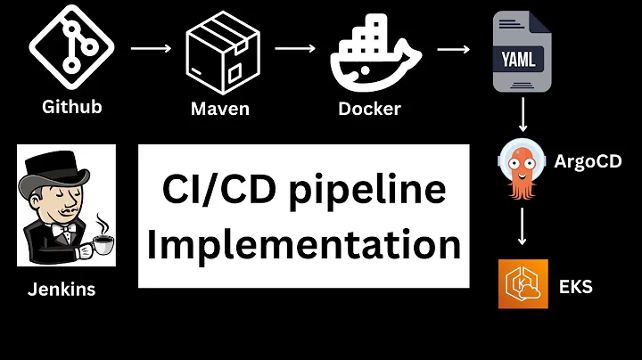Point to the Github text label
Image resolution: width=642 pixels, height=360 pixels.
[72, 107]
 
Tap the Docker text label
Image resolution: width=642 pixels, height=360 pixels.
[369, 110]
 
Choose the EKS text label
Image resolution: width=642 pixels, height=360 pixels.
[576, 286]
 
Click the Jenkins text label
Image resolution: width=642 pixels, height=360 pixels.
[61, 289]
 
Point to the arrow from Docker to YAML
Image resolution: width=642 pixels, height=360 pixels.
[454, 49]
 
